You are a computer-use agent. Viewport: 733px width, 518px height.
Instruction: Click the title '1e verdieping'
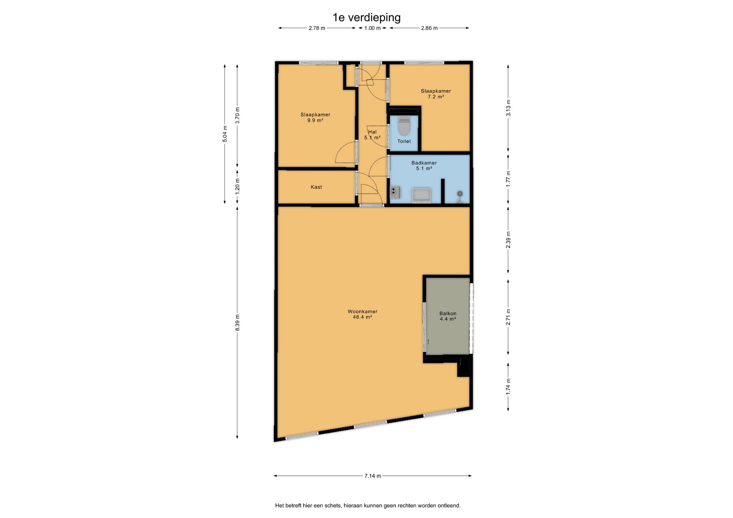(x=366, y=18)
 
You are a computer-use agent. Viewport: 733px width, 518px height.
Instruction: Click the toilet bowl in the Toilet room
(x=404, y=126)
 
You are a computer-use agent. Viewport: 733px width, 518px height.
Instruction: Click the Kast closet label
(x=316, y=187)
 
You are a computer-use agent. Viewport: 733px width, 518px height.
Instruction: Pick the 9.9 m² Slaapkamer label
(x=315, y=117)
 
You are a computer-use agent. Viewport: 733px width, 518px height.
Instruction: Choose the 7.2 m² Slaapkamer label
(x=436, y=93)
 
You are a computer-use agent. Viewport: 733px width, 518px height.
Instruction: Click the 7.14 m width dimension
(x=373, y=476)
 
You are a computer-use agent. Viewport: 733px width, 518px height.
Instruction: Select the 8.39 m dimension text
(x=237, y=323)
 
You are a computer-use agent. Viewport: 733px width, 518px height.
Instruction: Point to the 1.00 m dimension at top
(x=372, y=28)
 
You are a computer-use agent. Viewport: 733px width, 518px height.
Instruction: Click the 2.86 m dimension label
(x=429, y=28)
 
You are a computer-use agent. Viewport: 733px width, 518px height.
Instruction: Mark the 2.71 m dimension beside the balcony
(x=508, y=317)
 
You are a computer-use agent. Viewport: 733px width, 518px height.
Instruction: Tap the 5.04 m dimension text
(x=225, y=134)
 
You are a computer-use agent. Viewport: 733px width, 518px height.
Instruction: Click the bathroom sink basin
(x=421, y=195)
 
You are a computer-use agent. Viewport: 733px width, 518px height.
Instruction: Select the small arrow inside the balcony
(x=428, y=342)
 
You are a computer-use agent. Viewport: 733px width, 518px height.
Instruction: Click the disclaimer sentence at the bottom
(x=368, y=505)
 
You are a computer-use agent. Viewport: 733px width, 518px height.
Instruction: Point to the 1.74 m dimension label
(x=508, y=387)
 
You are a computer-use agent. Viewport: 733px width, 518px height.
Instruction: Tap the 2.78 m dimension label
(x=317, y=28)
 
